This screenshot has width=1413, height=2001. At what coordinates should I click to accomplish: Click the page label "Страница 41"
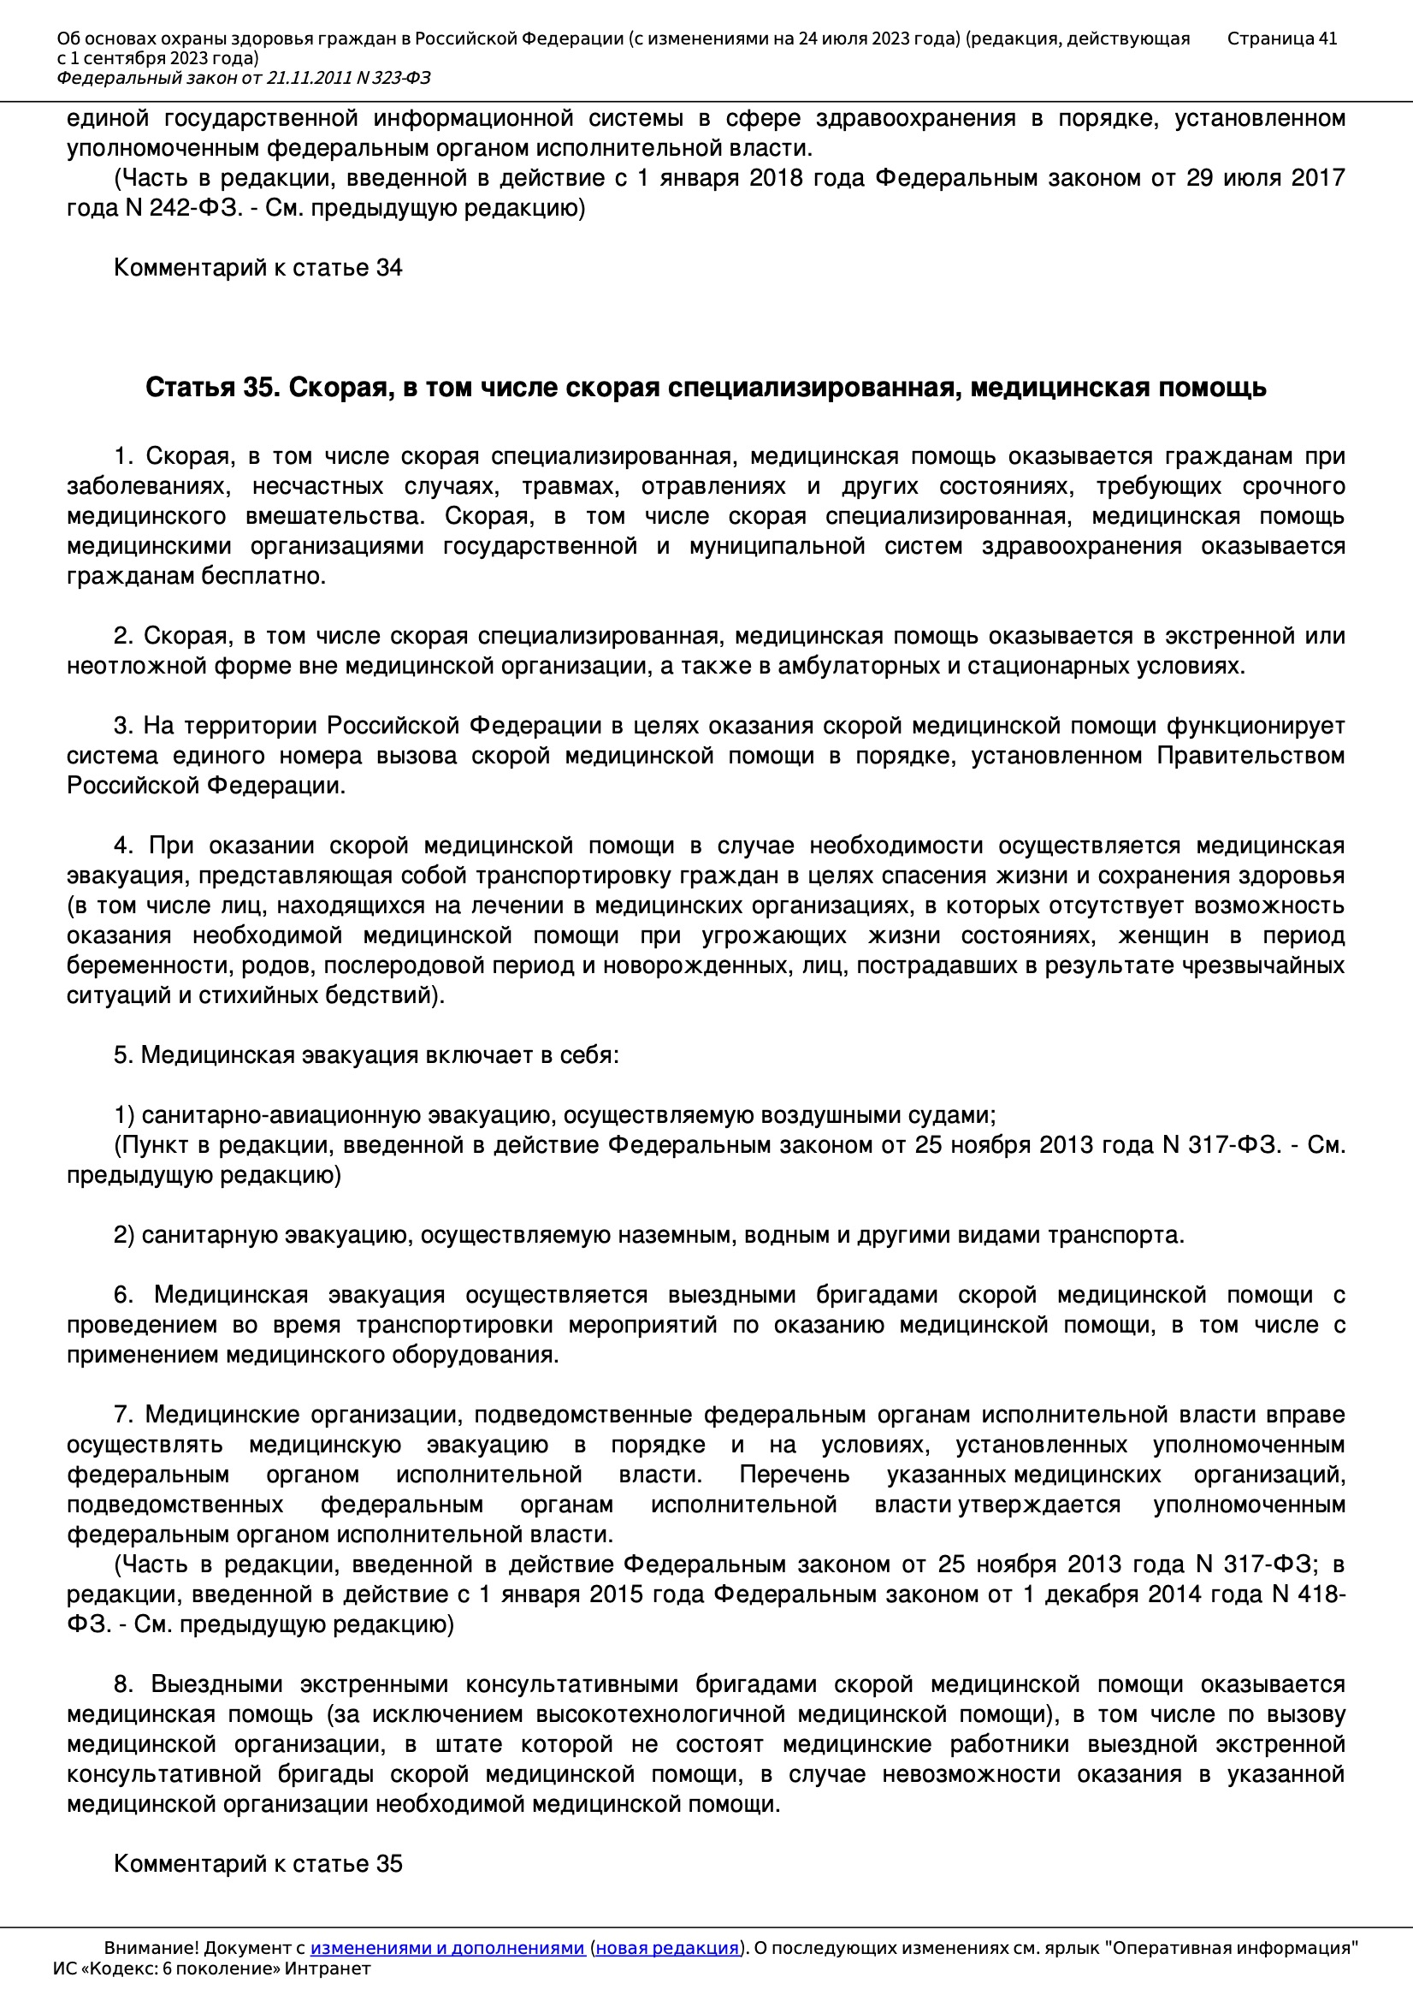1280,39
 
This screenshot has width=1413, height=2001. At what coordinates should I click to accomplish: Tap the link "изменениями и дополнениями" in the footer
446,1948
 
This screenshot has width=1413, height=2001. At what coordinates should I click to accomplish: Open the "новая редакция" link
666,1948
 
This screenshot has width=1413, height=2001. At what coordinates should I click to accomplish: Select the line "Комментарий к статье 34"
257,268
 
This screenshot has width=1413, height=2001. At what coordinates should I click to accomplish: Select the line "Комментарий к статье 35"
257,1864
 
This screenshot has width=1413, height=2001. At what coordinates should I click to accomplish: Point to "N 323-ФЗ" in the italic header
393,79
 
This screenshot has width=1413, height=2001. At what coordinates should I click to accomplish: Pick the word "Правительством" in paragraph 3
1250,756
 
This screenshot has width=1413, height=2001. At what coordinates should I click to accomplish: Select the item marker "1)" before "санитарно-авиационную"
124,1115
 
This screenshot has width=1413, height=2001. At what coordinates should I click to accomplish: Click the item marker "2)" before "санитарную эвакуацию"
124,1235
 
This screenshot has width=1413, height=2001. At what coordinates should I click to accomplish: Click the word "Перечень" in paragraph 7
794,1476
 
